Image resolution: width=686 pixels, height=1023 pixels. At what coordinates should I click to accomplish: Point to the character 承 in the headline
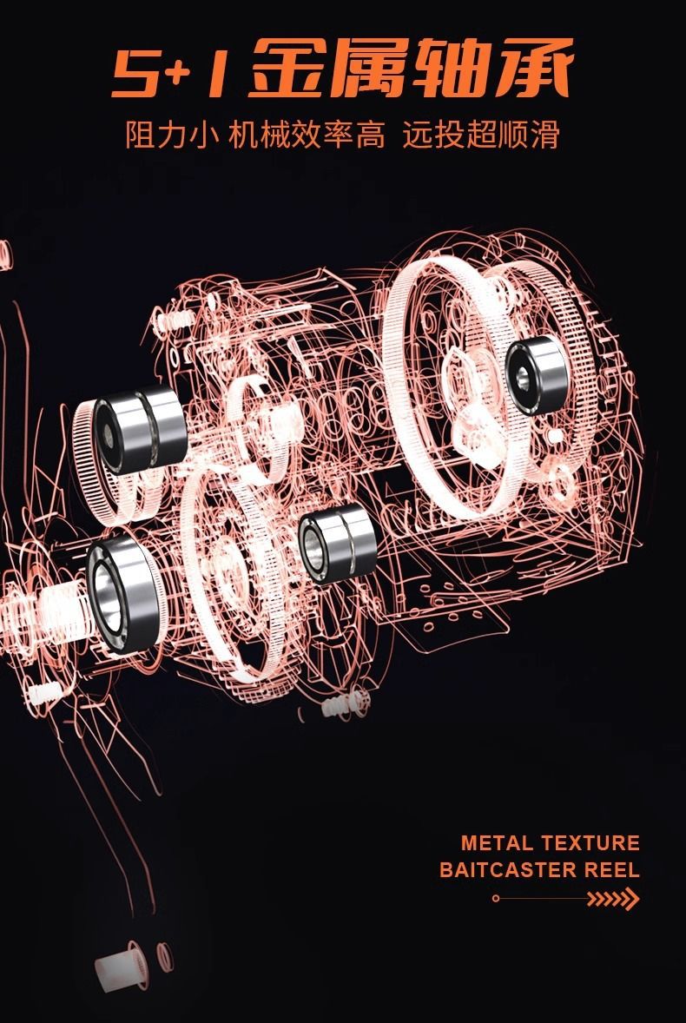coord(533,68)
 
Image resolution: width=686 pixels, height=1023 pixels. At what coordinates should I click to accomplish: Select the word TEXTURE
coord(590,843)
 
